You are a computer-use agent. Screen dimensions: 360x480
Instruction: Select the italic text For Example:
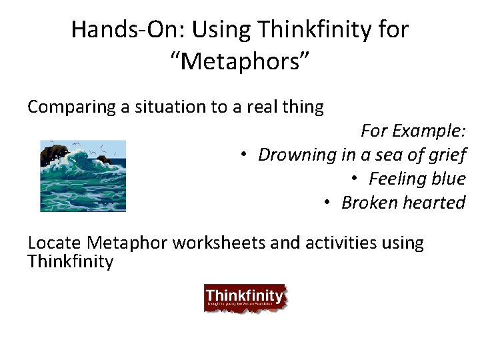point(413,131)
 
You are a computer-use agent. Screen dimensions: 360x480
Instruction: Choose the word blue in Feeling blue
point(449,179)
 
